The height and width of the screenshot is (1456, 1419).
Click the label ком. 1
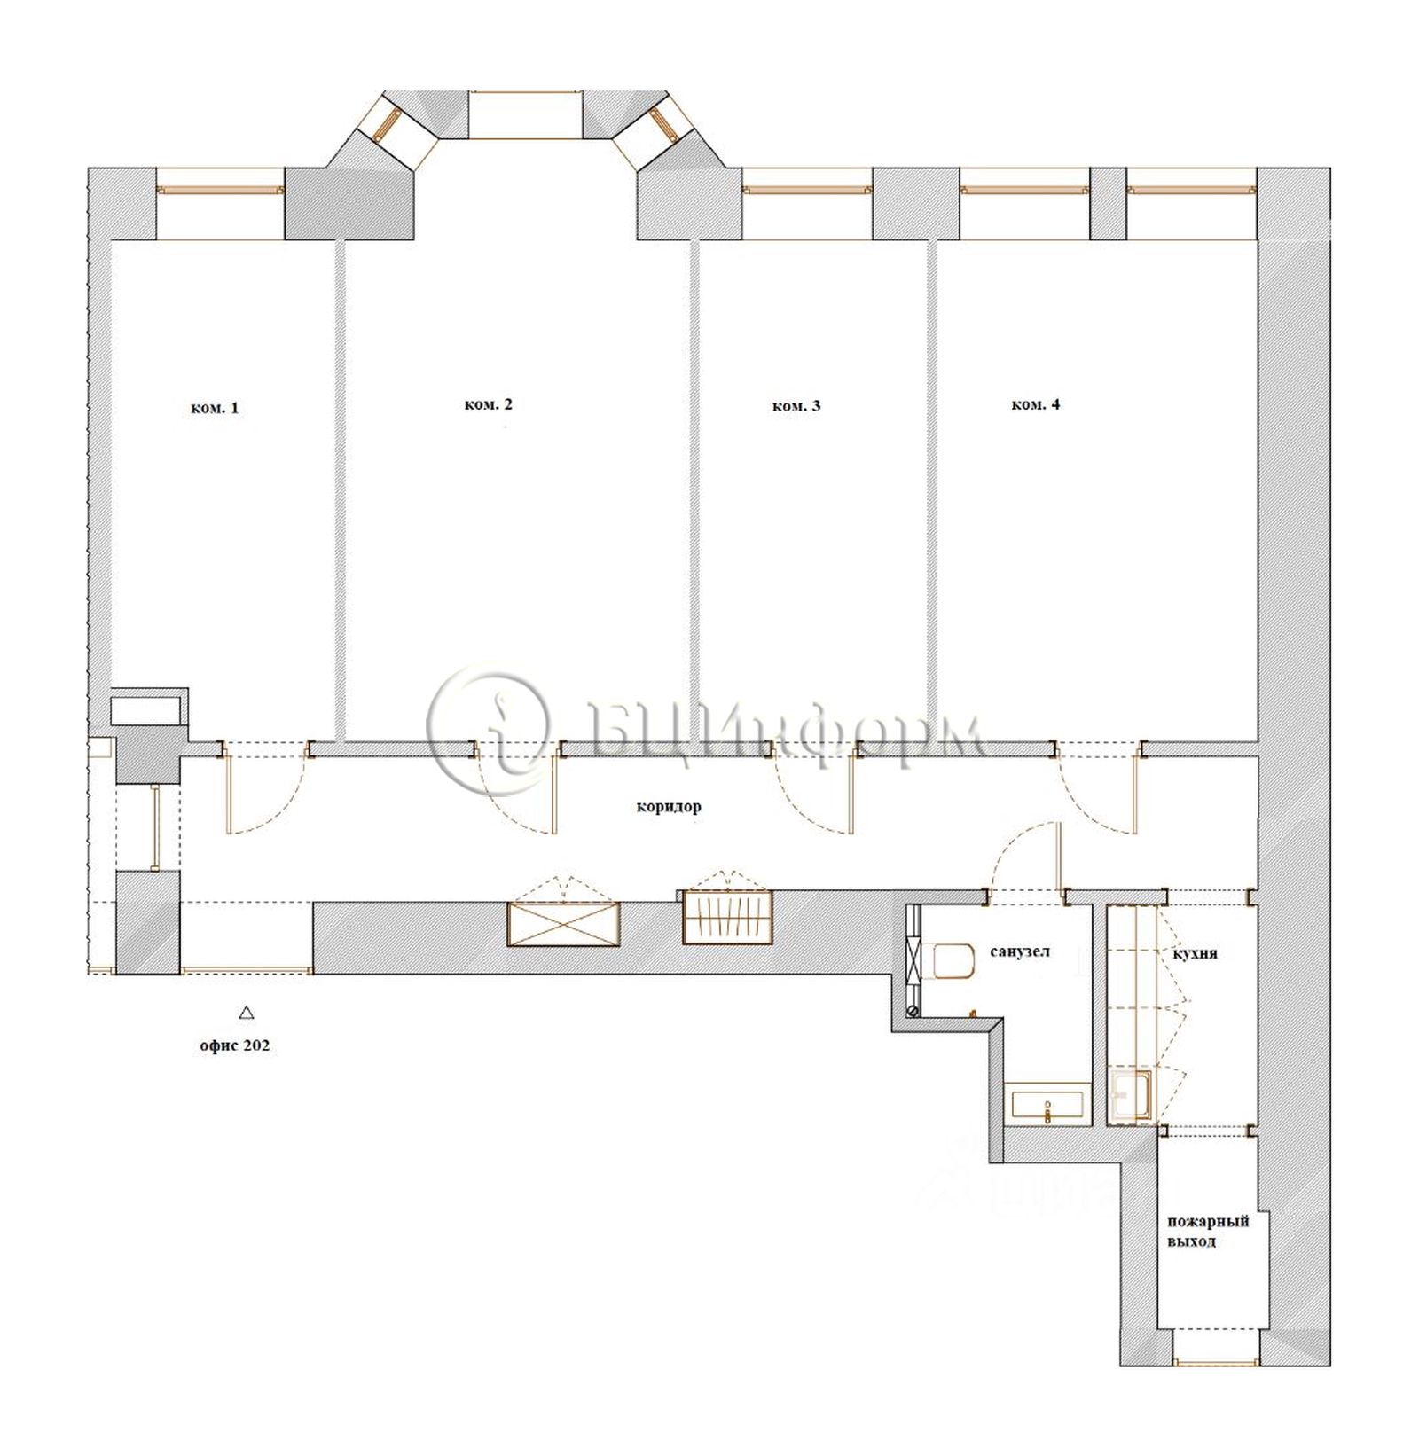215,409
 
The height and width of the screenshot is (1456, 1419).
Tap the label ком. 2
488,404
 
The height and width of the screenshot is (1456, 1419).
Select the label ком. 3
796,406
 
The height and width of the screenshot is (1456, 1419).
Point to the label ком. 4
1035,404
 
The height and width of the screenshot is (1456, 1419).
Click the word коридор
668,807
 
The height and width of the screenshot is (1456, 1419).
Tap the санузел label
1020,951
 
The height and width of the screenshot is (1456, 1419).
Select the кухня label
1195,954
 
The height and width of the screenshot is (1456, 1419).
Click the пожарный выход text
1207,1231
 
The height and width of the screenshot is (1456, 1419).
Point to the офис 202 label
234,1045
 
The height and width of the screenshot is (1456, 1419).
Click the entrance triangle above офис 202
247,1012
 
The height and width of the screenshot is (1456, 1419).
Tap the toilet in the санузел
946,961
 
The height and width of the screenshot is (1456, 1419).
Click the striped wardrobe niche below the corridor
727,916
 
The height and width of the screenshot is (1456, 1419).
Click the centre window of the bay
525,114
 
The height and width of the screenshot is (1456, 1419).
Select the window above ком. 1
221,190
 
